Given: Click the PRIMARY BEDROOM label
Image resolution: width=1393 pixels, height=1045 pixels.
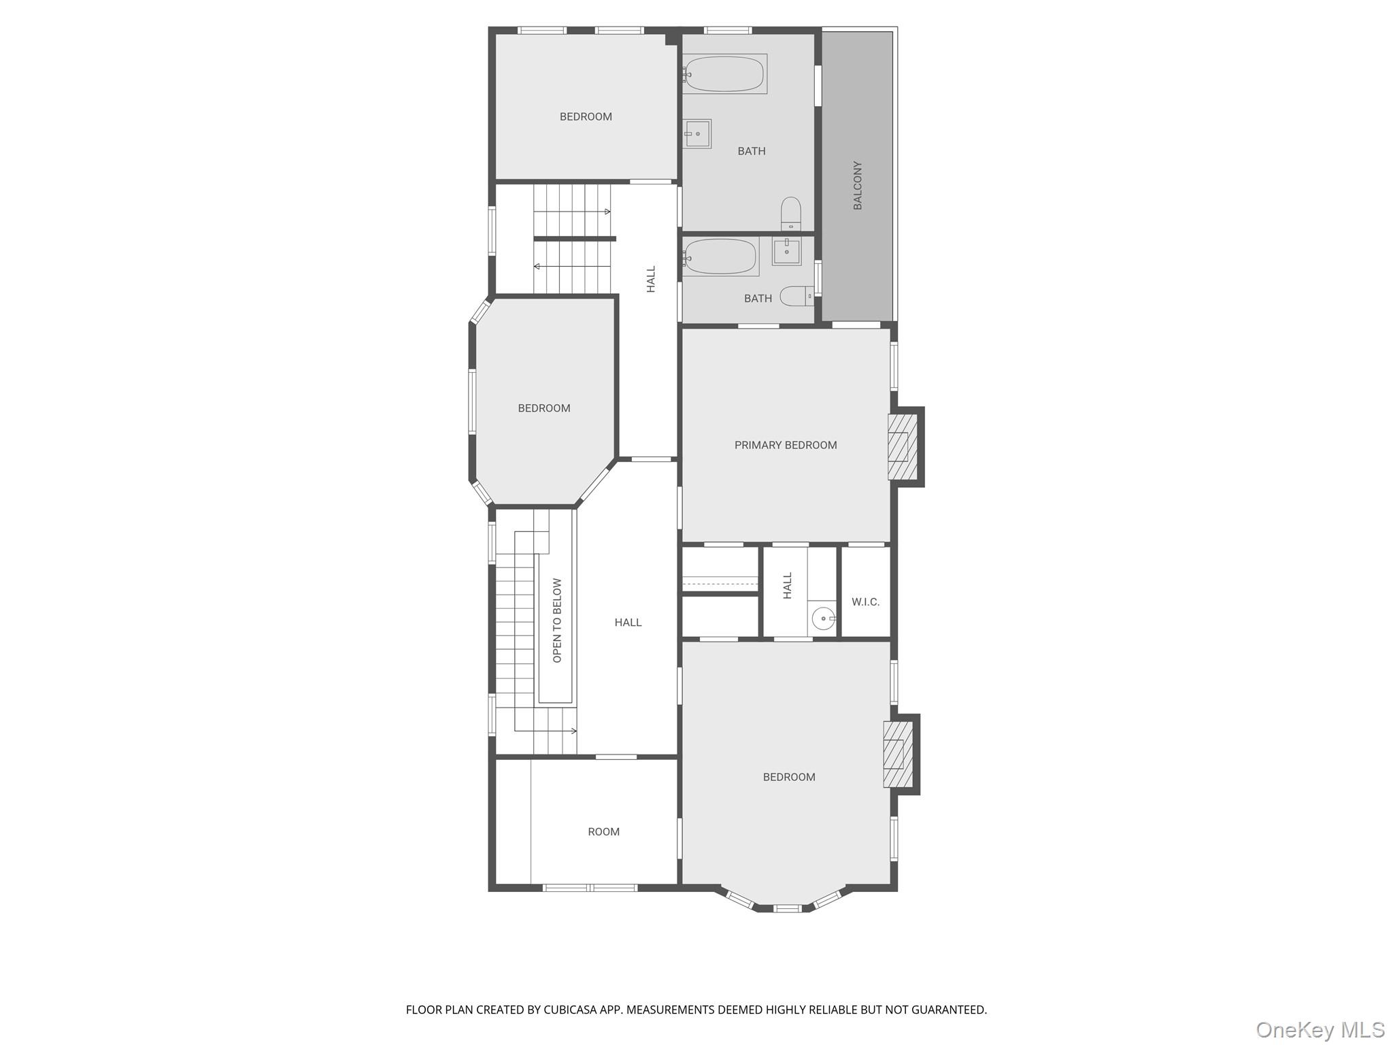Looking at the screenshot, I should (x=785, y=445).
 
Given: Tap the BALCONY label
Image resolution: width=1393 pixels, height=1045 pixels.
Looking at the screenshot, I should (x=857, y=185).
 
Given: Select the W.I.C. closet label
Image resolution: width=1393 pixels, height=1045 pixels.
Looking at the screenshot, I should (x=865, y=602).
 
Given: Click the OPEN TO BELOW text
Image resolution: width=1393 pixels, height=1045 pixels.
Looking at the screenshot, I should (x=557, y=620).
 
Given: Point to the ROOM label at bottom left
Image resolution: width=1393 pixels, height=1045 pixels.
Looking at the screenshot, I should (x=603, y=831).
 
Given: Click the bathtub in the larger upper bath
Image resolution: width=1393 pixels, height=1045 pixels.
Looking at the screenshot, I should (x=724, y=73).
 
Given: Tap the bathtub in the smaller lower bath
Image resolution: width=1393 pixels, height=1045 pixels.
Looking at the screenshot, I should (x=720, y=256).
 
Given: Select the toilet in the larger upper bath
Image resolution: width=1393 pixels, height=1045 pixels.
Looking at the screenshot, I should (x=790, y=214).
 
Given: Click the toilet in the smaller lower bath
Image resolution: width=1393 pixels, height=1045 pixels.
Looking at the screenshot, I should (x=795, y=296).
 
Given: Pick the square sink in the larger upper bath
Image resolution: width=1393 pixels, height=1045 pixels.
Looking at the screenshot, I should (x=697, y=133).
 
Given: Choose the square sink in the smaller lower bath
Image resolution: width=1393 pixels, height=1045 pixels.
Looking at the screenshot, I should (x=786, y=250).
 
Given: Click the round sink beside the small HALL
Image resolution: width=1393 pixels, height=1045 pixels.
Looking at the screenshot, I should (x=824, y=618).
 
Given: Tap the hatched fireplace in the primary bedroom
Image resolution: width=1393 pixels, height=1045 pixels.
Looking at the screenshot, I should (x=899, y=446).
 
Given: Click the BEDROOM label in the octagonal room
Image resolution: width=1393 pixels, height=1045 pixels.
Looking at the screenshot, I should (x=543, y=408).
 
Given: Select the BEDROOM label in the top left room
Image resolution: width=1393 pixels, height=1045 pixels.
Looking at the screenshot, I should (x=585, y=117).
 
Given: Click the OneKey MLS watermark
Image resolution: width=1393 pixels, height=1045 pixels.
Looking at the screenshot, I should (x=1320, y=1029).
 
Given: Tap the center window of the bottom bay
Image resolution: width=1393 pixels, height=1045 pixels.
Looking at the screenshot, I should (x=788, y=908).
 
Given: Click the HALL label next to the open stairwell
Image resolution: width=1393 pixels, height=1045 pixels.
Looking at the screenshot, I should (x=627, y=623).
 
